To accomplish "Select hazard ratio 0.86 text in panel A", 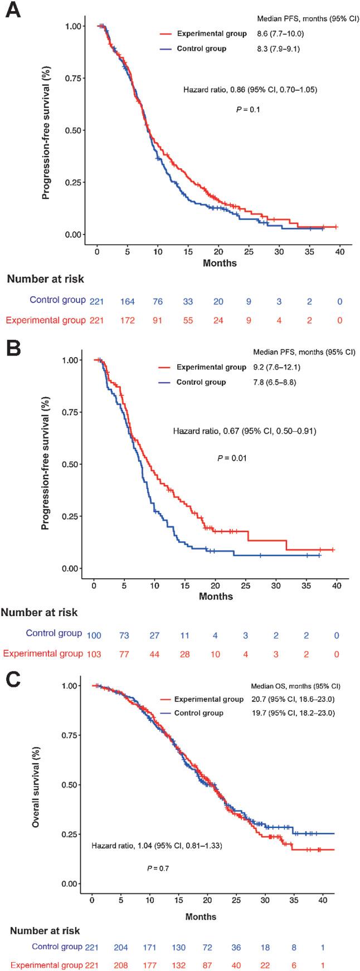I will [250, 89].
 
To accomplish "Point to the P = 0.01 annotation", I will [231, 458].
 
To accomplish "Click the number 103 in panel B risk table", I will [93, 654].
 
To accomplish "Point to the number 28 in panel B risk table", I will [184, 654].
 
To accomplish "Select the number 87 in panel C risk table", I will [210, 965].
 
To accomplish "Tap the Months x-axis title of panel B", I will [216, 596].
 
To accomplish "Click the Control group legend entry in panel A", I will [201, 49].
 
